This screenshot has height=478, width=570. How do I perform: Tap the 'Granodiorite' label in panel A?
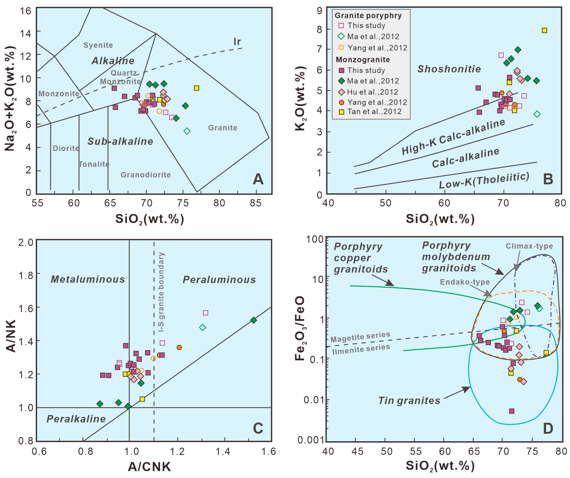(x=146, y=175)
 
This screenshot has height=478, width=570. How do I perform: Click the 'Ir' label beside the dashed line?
(x=237, y=41)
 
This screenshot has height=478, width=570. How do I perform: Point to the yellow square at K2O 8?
(x=544, y=30)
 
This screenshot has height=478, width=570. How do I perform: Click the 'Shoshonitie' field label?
(x=449, y=69)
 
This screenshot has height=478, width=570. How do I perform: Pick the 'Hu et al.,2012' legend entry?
(x=372, y=92)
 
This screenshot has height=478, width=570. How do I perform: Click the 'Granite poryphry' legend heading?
(x=368, y=16)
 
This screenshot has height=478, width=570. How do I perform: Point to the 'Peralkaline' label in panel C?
(x=76, y=419)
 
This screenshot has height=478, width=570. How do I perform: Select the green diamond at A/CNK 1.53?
(x=254, y=320)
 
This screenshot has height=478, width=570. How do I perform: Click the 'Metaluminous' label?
(x=88, y=279)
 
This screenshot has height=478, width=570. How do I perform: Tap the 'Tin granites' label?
(x=409, y=400)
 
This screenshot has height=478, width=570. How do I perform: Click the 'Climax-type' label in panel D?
(x=529, y=246)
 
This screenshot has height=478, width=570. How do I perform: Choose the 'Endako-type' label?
(x=465, y=282)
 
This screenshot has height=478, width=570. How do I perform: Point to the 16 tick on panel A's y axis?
(x=26, y=11)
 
